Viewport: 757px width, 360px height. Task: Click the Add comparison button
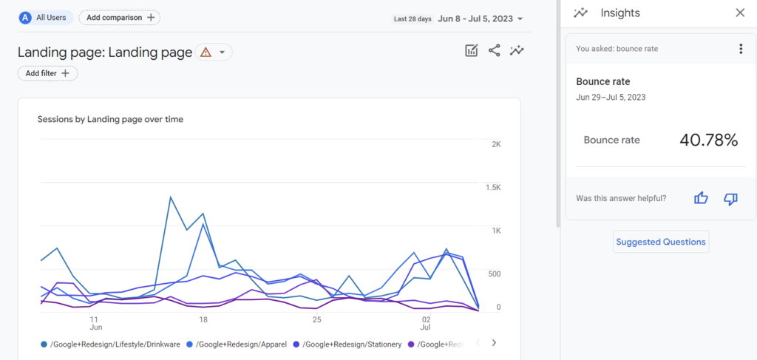pos(119,17)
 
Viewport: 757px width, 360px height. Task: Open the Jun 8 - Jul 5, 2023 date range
pos(480,18)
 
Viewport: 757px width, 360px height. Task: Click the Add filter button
pos(47,73)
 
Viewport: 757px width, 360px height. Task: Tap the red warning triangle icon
pos(206,52)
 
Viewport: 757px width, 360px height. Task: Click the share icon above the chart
pos(494,50)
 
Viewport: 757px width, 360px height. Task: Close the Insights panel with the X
pos(740,13)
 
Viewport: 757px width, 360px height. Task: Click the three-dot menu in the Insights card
pos(741,49)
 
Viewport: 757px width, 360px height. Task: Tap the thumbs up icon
pos(701,198)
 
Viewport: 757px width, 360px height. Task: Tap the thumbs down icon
pos(730,198)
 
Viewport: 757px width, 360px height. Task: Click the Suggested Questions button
pos(661,242)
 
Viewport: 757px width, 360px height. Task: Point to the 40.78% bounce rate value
pos(708,140)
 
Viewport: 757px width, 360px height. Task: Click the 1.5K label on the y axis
pos(493,188)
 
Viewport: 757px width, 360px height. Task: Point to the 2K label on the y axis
pos(496,144)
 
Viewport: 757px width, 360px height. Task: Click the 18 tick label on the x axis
pos(203,320)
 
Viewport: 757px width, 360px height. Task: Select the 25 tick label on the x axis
pos(317,320)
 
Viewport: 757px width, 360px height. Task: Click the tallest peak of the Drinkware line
pos(171,197)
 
